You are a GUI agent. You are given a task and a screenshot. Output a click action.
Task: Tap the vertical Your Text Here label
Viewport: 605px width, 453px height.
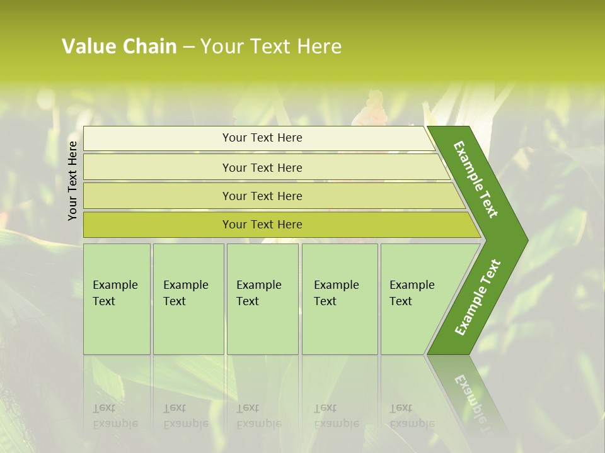coord(72,181)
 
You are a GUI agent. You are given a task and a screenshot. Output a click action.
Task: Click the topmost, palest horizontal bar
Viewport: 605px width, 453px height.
coord(262,138)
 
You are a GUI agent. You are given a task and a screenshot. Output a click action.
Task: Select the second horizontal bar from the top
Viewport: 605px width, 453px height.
coord(262,167)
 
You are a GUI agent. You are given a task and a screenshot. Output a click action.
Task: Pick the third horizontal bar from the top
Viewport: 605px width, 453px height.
coord(262,196)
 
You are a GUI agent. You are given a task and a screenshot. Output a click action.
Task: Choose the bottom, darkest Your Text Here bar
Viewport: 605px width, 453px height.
coord(262,225)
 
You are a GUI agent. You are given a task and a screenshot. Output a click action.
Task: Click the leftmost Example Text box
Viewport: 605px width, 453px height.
coord(117,299)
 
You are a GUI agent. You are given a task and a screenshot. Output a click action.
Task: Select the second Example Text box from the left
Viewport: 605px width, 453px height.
coord(188,299)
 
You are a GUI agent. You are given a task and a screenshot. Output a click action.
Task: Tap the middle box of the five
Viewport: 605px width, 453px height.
coord(262,299)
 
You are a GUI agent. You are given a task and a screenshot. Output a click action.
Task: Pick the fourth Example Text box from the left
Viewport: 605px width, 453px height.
coord(340,299)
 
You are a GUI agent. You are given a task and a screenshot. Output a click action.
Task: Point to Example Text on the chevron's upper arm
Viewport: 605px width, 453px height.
coord(476,180)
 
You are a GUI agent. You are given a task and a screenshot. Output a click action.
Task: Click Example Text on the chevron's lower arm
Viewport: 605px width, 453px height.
coord(477,297)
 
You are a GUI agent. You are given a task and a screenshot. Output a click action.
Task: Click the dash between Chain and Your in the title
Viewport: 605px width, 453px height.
coord(188,47)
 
